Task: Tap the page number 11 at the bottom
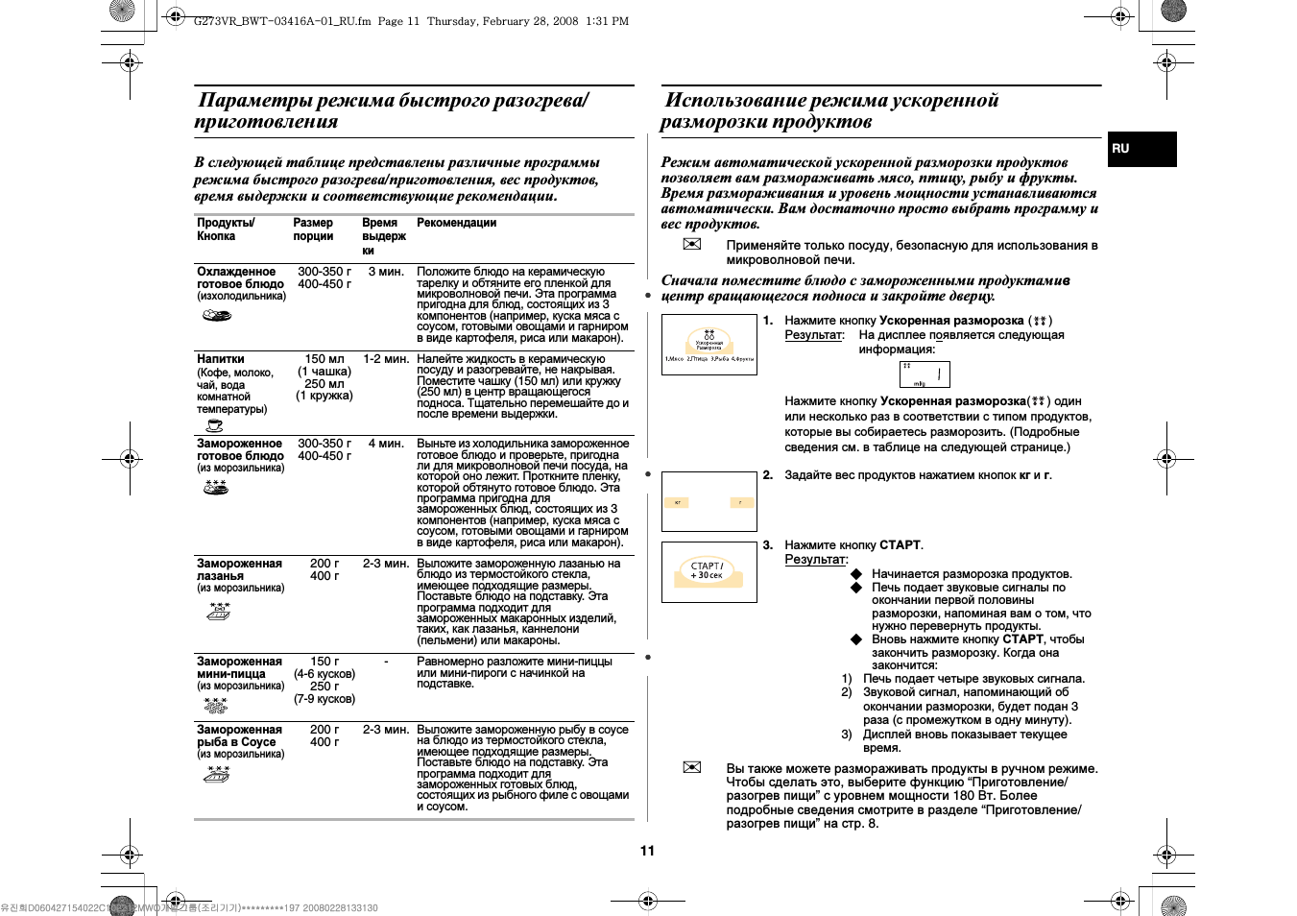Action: [647, 851]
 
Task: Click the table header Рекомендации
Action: [456, 223]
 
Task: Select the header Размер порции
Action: [313, 229]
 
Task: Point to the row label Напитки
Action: [221, 359]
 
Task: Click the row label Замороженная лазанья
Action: [239, 569]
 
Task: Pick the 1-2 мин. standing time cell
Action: [386, 359]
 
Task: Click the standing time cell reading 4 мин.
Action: [386, 444]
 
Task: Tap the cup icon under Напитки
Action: [215, 425]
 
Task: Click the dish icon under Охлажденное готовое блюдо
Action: [217, 315]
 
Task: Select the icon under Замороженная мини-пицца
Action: [216, 706]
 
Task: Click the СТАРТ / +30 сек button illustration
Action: [708, 571]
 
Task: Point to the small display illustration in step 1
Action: [925, 374]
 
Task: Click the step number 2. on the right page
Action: [768, 475]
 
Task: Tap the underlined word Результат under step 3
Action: [815, 560]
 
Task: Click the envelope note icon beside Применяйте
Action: [691, 244]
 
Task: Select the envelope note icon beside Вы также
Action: [691, 767]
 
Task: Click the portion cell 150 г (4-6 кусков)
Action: [324, 667]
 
